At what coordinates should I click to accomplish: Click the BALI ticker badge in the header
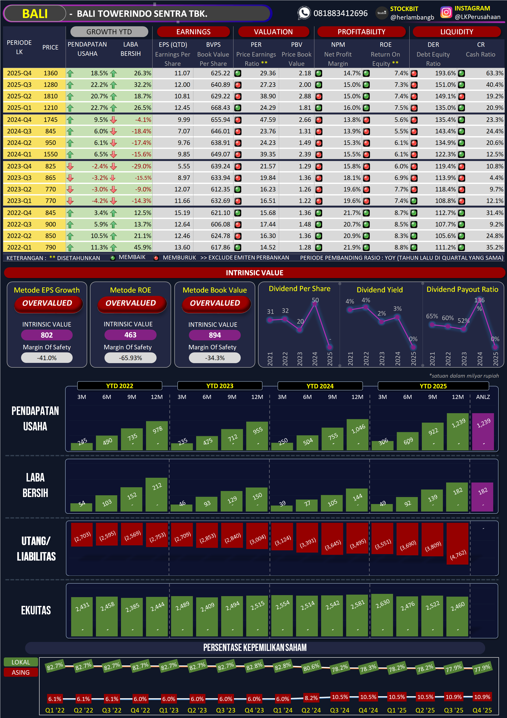coord(35,14)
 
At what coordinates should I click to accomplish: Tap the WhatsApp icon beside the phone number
coord(304,13)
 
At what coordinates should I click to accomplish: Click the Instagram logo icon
coord(446,13)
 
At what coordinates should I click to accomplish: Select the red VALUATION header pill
coord(273,32)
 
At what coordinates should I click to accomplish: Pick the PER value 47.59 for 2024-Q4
coord(268,120)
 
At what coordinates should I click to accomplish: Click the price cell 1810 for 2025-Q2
coord(50,96)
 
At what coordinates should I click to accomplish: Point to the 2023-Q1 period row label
coord(19,201)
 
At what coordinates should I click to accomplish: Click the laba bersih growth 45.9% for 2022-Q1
coord(142,247)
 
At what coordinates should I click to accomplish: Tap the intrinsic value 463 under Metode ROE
coord(130,335)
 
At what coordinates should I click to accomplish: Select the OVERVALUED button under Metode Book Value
coord(215,303)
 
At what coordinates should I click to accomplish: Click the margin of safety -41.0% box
coord(47,358)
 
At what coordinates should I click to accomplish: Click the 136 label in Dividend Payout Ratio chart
coord(479,300)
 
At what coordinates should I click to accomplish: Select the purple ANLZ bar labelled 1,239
coord(483,431)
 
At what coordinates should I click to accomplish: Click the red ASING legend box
coord(21,672)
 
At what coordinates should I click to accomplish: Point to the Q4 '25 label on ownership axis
coord(482,710)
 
